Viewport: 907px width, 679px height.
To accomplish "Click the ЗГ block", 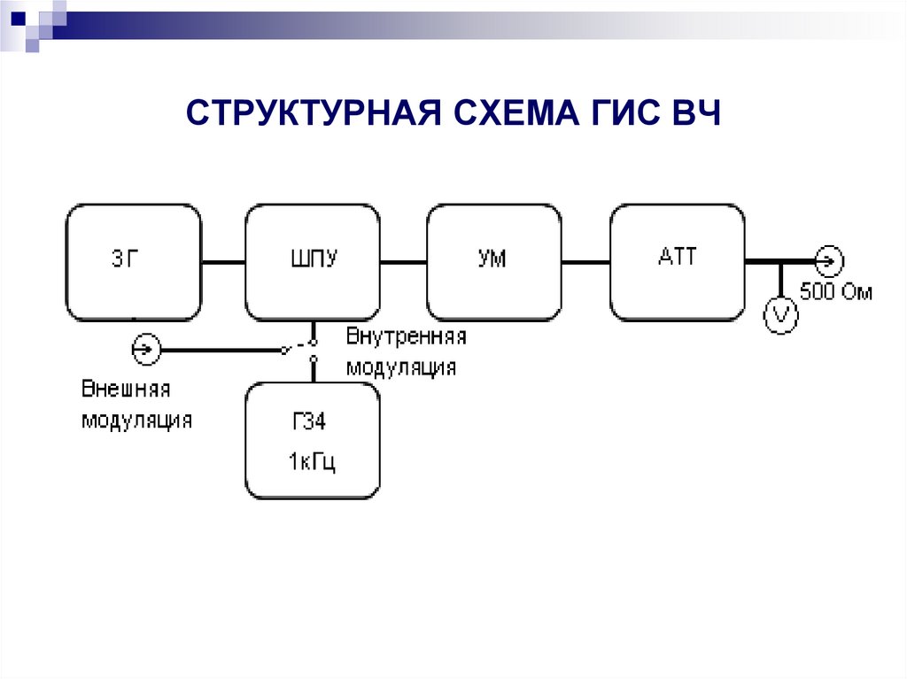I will [x=134, y=262].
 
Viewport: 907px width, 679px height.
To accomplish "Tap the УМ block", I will [x=494, y=262].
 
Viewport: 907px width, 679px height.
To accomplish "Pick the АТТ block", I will [x=677, y=262].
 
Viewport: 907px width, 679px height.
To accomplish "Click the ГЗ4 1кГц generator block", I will [x=313, y=441].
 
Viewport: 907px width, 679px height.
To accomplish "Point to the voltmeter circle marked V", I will [x=780, y=313].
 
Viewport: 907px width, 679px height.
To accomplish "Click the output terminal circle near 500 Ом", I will [x=829, y=261].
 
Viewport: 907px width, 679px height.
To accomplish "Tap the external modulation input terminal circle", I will [x=143, y=351].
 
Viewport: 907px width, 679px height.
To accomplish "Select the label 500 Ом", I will [x=835, y=291].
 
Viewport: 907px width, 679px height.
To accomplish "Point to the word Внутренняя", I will [x=406, y=337].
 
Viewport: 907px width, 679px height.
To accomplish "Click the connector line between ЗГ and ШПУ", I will [x=223, y=262].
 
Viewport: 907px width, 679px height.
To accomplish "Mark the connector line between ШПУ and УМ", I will [x=403, y=262].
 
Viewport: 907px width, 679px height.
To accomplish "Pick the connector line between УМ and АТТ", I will [x=585, y=262].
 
